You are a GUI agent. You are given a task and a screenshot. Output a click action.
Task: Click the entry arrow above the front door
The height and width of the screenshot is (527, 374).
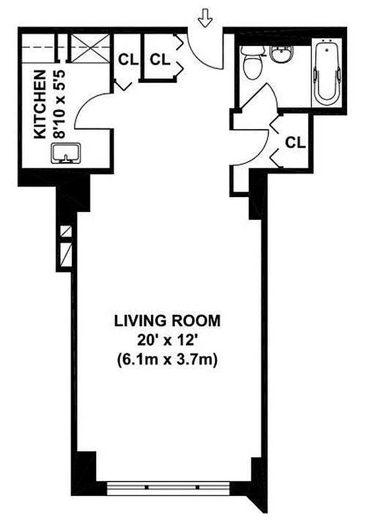coord(205,20)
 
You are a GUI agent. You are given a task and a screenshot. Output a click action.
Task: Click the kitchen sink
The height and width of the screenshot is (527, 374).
coord(65,153)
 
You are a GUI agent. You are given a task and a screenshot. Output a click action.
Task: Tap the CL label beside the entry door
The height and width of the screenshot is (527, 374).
coord(159,59)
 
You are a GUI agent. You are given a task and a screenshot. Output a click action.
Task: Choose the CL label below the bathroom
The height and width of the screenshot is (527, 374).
coord(294,142)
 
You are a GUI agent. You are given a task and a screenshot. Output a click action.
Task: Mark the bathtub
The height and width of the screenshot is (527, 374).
coord(326,72)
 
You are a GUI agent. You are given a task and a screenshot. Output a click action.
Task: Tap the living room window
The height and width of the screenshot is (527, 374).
coord(168,488)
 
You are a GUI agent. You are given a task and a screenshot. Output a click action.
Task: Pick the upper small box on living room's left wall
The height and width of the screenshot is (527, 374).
coord(65,232)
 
